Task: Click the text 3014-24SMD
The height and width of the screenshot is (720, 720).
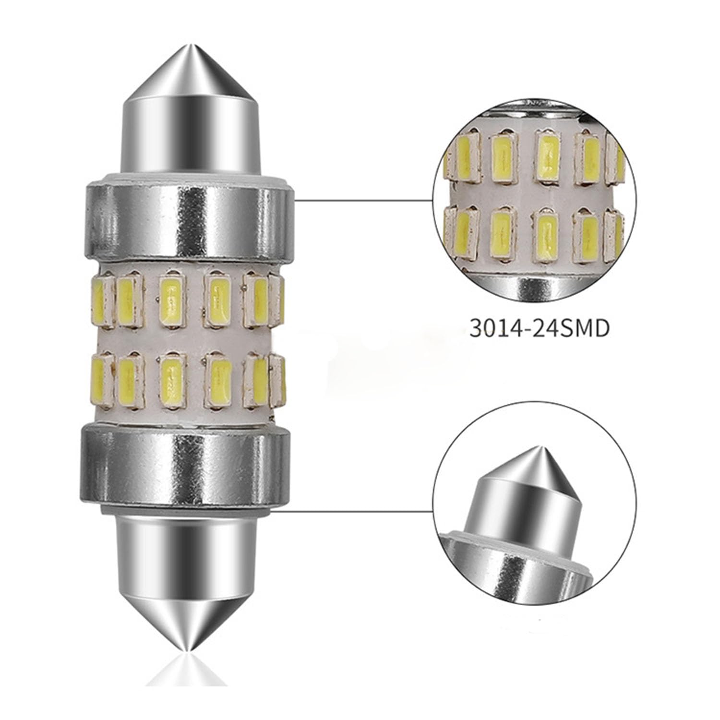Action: coord(539,329)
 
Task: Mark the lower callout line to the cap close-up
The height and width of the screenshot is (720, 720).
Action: coord(355,511)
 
